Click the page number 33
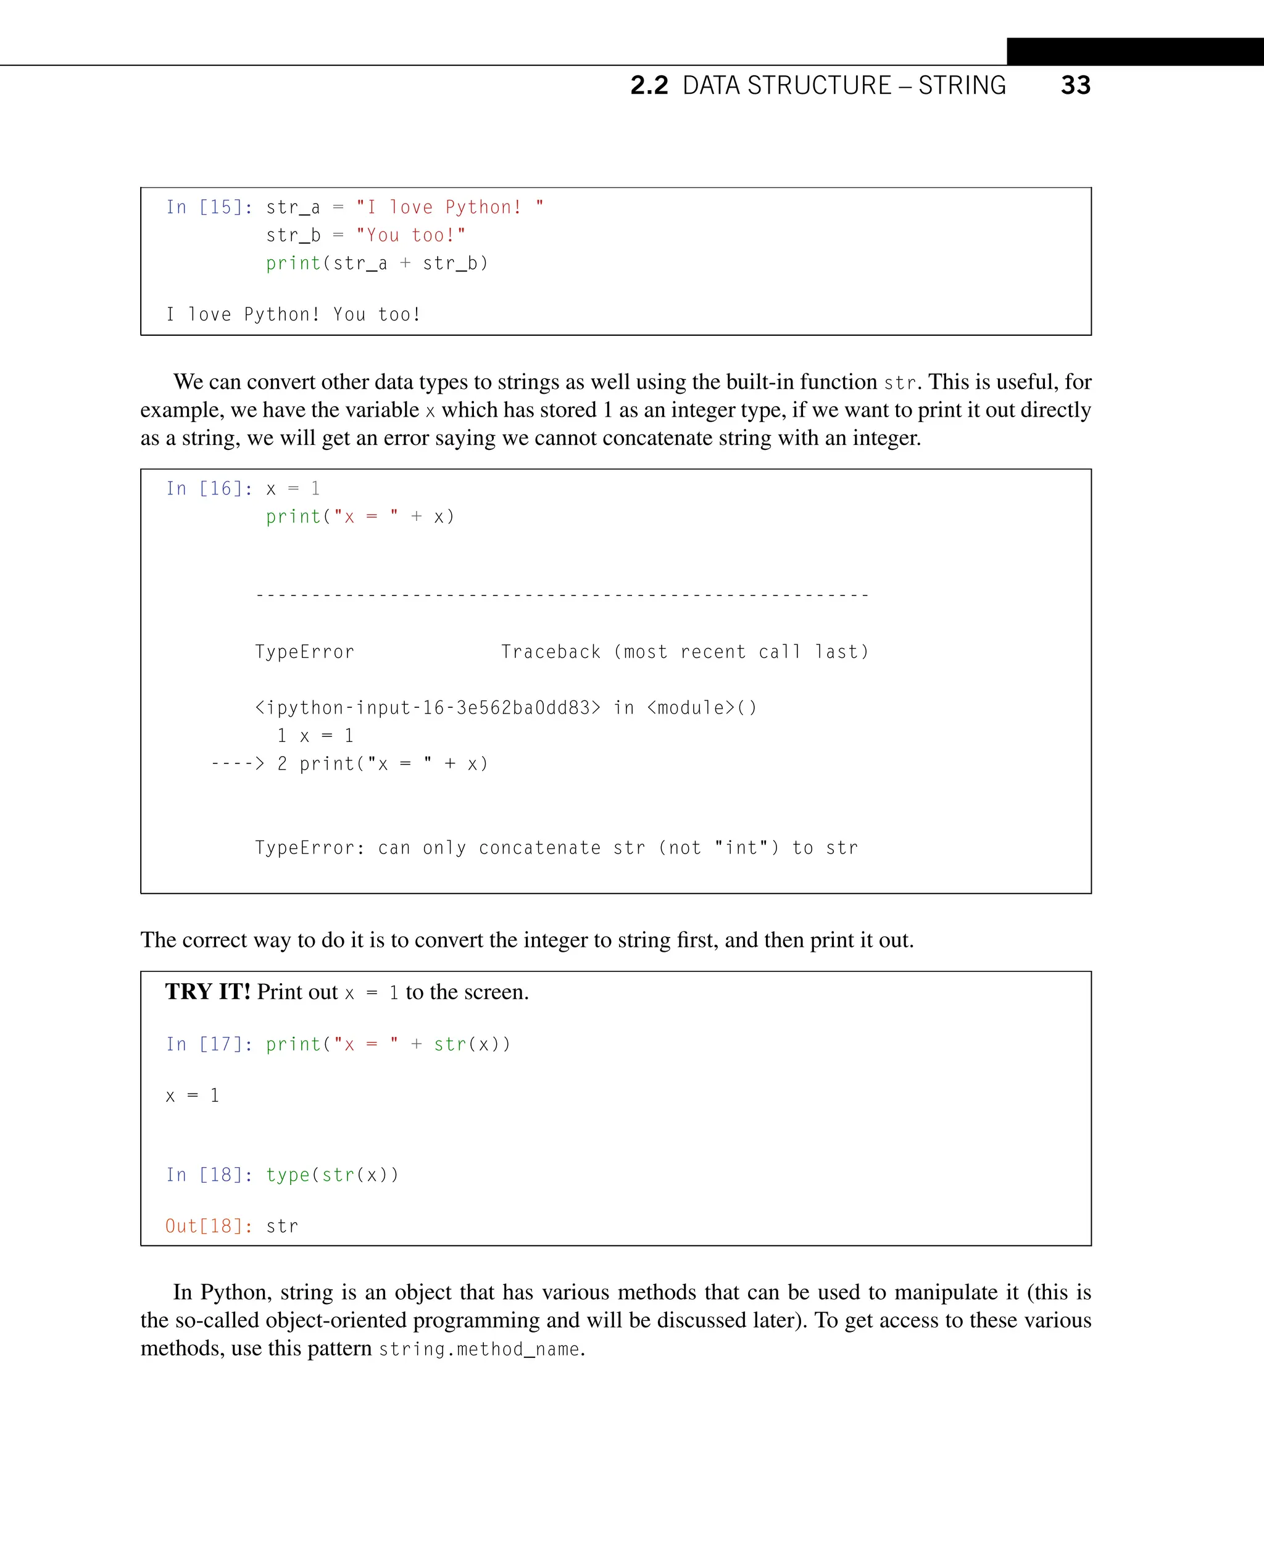point(1075,85)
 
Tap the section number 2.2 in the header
point(649,85)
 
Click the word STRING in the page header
point(962,85)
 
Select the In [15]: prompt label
point(209,207)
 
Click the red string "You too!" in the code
point(410,235)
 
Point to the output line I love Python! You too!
point(293,315)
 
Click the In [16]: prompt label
point(209,489)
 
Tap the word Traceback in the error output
point(551,652)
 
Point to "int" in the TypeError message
point(741,847)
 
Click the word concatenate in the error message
point(539,847)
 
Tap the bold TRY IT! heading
point(207,992)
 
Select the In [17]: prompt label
point(209,1044)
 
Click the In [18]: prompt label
point(209,1174)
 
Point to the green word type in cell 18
point(288,1174)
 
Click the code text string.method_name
point(479,1349)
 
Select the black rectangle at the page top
point(1134,52)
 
